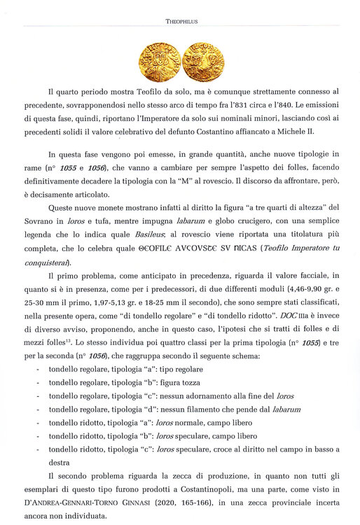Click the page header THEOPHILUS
click(x=181, y=22)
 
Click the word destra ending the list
click(x=60, y=462)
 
